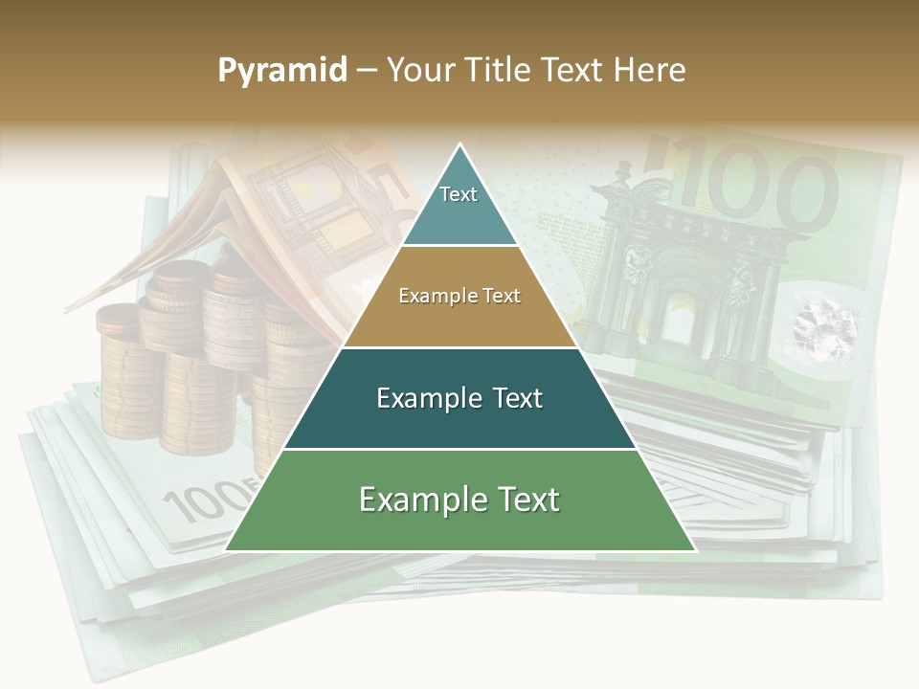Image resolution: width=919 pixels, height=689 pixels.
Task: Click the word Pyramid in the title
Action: pos(281,71)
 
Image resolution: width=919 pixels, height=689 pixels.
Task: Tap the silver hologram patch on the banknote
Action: pos(824,324)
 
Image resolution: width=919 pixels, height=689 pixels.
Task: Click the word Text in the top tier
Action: pos(459,194)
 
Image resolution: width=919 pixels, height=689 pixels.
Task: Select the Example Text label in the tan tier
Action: pos(459,296)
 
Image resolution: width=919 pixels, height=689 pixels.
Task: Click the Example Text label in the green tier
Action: pos(459,499)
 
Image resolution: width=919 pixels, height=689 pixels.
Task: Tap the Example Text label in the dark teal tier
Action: pos(459,397)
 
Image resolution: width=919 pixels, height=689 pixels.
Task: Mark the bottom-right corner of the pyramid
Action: pos(694,550)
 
